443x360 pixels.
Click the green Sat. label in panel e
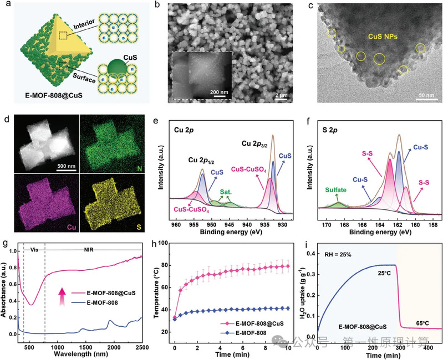[x=226, y=192]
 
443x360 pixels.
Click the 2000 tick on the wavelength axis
[x=112, y=346]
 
